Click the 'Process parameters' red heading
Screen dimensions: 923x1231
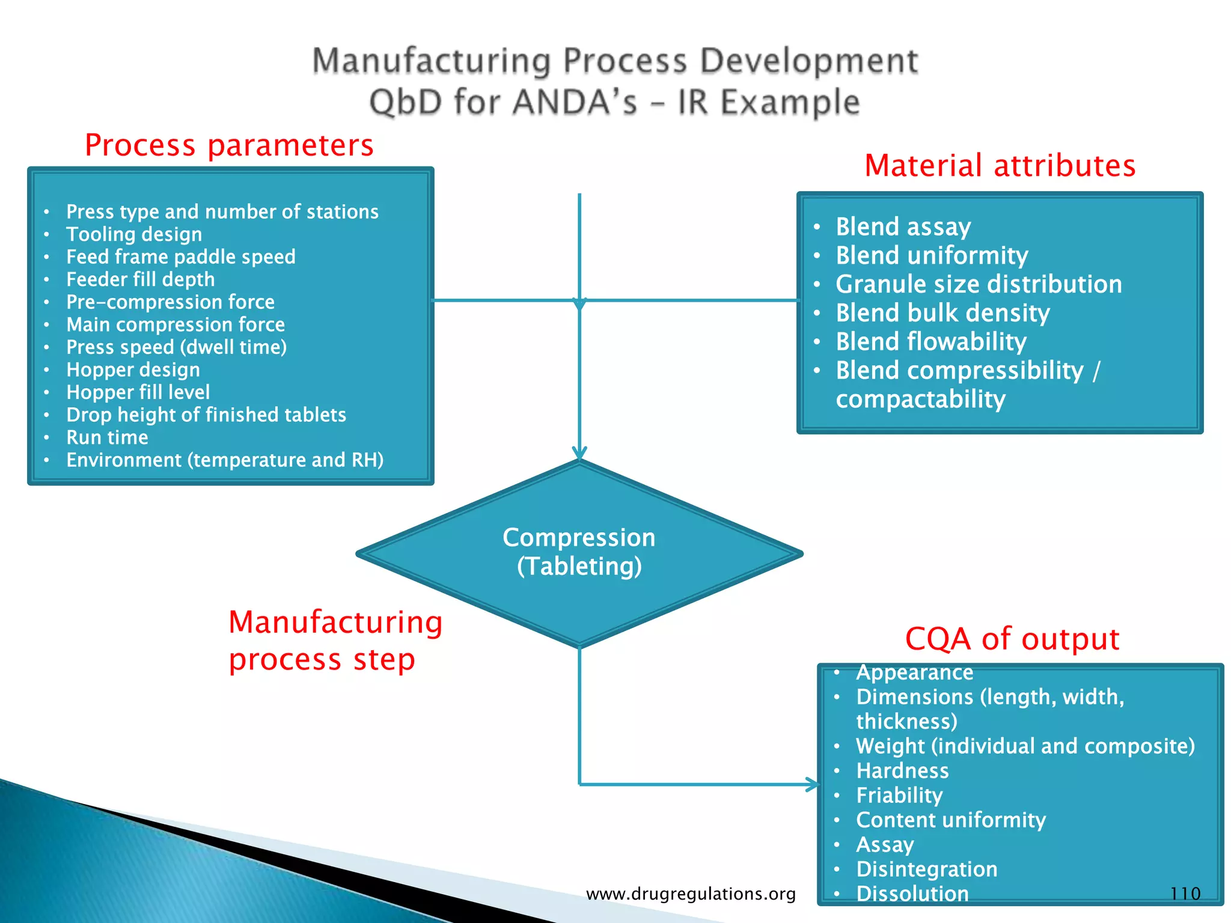(x=229, y=145)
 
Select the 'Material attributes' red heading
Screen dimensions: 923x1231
(x=1000, y=166)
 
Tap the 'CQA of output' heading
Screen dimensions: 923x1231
(x=1012, y=639)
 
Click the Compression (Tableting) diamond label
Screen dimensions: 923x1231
(x=579, y=552)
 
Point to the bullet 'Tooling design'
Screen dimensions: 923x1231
(x=134, y=234)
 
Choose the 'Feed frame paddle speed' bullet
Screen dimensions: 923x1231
(x=181, y=257)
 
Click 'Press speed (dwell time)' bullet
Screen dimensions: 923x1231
(x=177, y=347)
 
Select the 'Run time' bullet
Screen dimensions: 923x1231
(x=107, y=437)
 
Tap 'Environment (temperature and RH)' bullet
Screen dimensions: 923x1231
(x=225, y=460)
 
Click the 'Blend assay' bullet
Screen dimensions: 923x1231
(x=903, y=227)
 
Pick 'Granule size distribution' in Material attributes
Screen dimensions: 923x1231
(x=979, y=284)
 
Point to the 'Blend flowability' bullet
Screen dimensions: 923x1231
(x=931, y=342)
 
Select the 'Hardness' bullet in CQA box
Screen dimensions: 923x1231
(x=902, y=771)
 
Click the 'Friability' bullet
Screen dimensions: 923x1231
(x=899, y=796)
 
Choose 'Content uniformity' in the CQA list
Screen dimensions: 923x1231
(x=951, y=820)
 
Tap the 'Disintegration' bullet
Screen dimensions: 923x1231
(x=926, y=870)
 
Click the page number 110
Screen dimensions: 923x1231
(x=1185, y=894)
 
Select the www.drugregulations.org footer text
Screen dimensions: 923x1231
(x=691, y=894)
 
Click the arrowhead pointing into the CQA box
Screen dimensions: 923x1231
(x=813, y=784)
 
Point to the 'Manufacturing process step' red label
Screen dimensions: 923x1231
(x=335, y=641)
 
